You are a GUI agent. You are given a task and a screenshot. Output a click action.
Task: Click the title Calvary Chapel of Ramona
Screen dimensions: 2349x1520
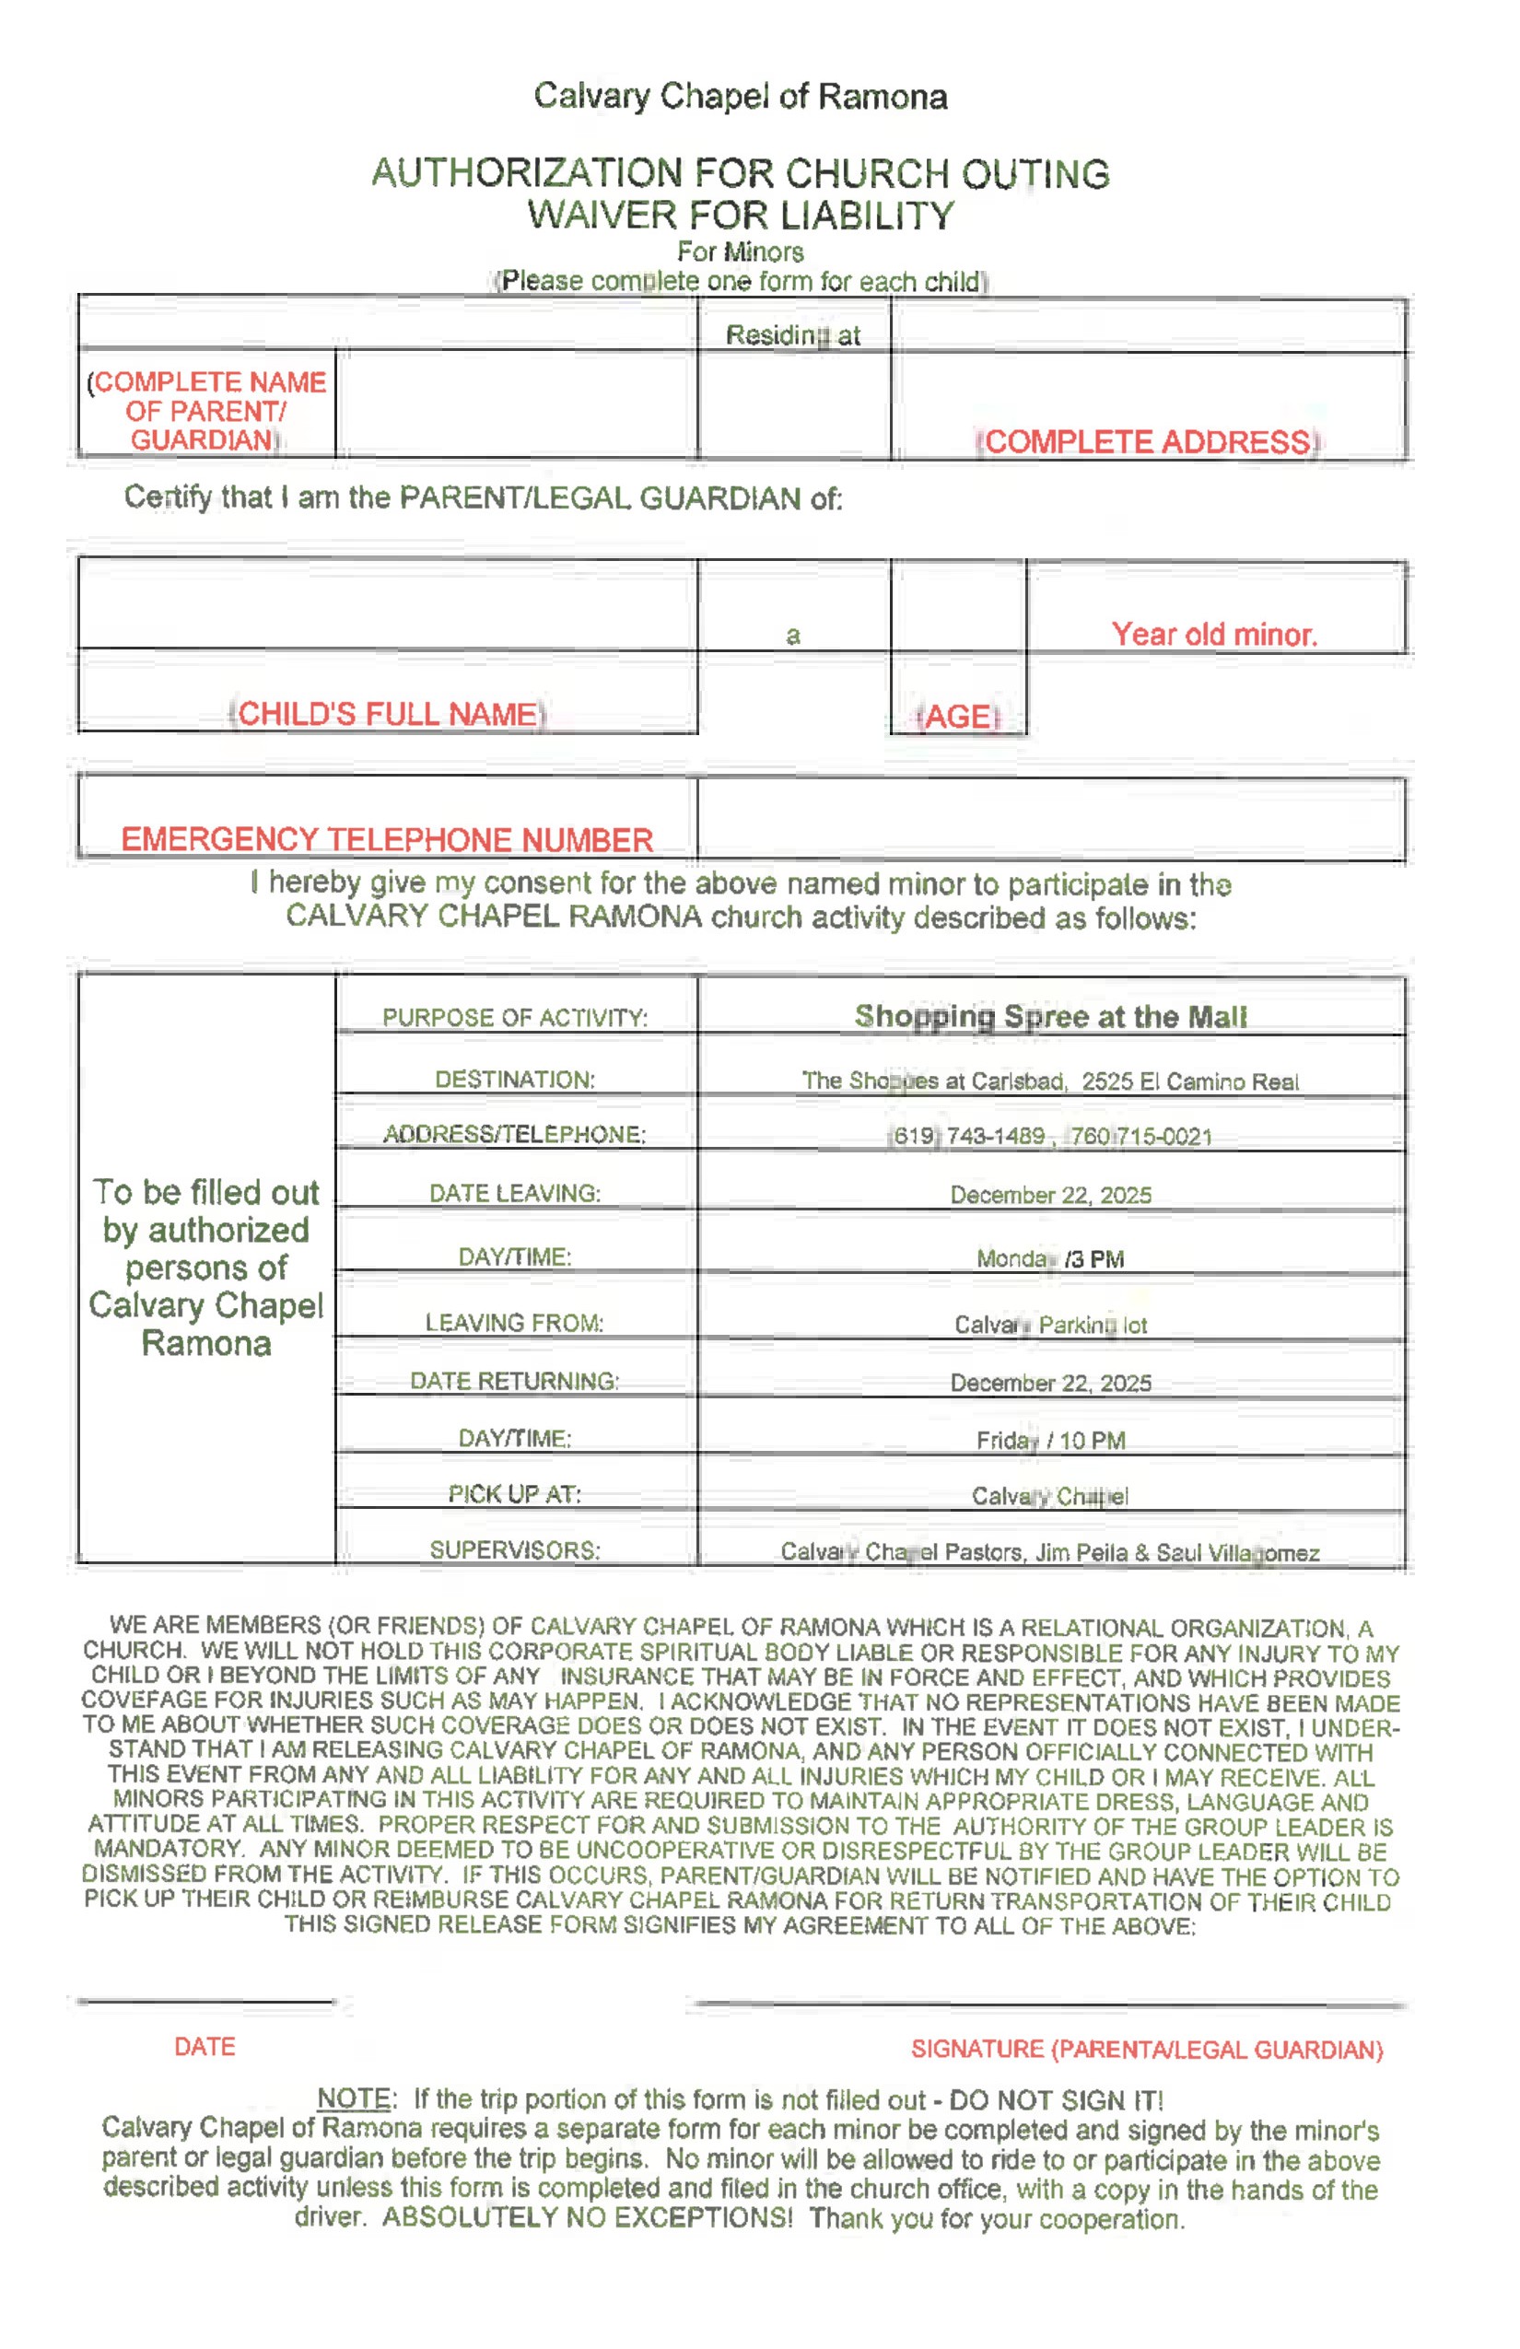(x=741, y=97)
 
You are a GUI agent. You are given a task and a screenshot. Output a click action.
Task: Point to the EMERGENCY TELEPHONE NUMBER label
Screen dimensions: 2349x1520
(x=387, y=840)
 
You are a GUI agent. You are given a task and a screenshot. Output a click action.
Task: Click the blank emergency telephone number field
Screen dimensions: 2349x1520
(x=1050, y=819)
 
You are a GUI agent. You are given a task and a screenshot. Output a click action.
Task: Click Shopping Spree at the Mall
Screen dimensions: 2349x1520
(x=1050, y=1017)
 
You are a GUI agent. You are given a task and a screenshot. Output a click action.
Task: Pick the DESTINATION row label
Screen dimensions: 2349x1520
(x=514, y=1080)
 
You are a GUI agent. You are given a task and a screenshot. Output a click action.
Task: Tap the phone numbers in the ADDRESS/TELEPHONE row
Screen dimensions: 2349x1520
(x=1050, y=1136)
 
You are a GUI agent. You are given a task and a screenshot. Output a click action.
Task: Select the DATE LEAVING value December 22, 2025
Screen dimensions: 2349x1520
(x=1050, y=1196)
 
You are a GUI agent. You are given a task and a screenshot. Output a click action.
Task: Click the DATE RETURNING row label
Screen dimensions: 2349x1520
(x=514, y=1381)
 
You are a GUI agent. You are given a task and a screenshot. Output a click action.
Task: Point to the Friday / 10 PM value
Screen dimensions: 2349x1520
(x=1050, y=1441)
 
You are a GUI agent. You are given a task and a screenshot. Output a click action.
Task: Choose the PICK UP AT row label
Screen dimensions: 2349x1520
(x=514, y=1494)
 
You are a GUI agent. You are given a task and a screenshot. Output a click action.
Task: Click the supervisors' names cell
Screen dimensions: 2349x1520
(x=1050, y=1552)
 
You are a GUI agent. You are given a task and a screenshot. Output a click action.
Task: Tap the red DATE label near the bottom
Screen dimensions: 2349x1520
(x=205, y=2047)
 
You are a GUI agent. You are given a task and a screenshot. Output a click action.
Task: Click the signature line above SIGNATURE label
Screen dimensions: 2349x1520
(x=1050, y=2004)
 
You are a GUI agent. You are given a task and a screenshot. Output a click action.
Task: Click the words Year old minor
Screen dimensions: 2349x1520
(x=1214, y=634)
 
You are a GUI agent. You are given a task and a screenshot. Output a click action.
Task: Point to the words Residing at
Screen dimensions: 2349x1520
(x=792, y=335)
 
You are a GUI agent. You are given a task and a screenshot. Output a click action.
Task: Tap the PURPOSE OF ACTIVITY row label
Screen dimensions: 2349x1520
(x=514, y=1018)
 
